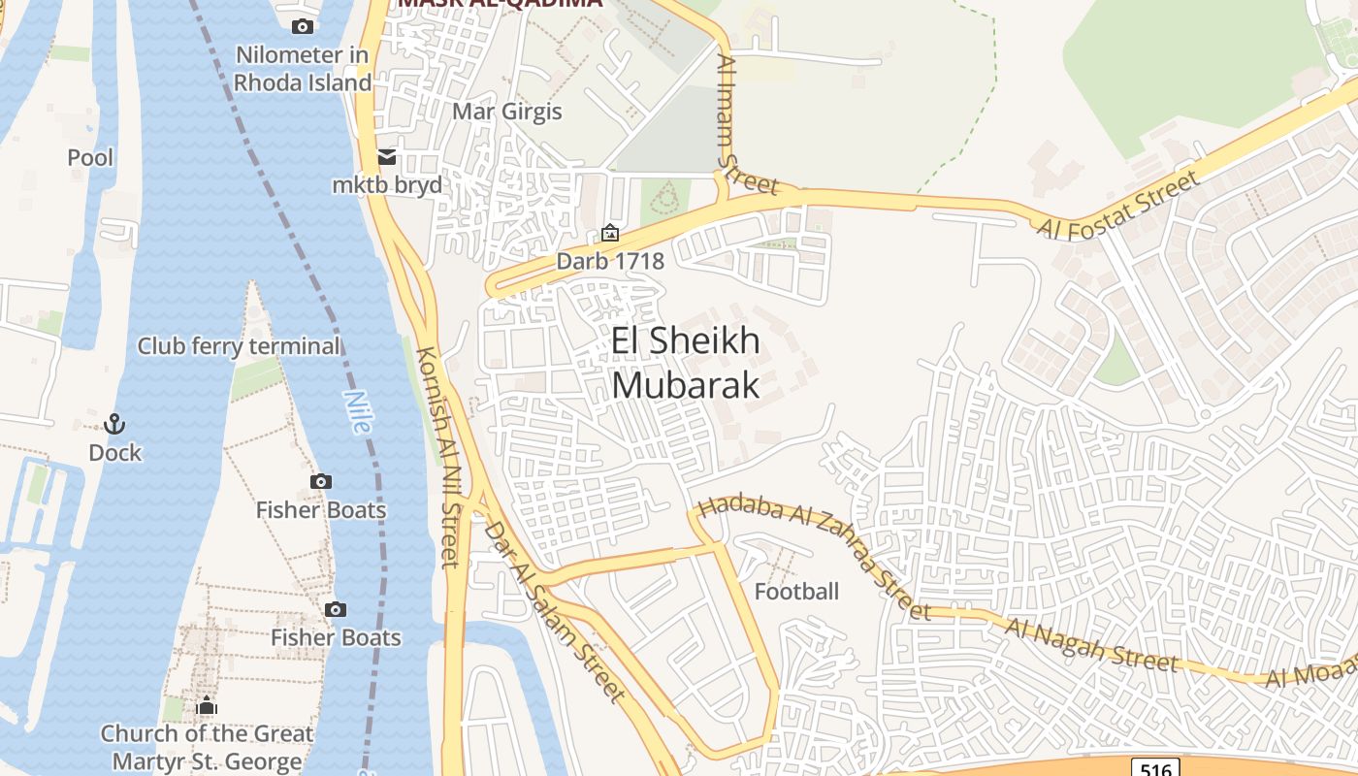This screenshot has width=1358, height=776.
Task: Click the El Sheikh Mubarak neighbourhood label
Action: pos(686,363)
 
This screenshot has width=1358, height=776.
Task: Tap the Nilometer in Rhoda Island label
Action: pos(302,68)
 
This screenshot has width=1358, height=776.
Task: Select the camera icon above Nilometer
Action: pos(303,26)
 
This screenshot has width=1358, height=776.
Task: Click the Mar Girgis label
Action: pos(507,111)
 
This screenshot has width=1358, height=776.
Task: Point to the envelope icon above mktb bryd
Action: pos(387,157)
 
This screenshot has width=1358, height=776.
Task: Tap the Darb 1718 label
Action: pos(609,261)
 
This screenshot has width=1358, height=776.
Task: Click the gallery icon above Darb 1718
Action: pos(609,233)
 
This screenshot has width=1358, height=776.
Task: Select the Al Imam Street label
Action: pos(746,123)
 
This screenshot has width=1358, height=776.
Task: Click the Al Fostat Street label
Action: pos(1118,205)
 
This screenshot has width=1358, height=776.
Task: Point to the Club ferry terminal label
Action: pos(239,346)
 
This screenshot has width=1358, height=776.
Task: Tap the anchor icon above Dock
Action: pos(114,424)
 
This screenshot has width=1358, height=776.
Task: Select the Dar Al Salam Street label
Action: pos(554,611)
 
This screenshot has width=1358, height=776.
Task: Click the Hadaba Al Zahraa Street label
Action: pos(813,557)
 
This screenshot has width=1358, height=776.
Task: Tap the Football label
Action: pos(796,591)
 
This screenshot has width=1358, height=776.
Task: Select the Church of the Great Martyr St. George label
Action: pos(207,747)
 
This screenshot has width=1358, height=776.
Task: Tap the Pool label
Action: pos(90,157)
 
